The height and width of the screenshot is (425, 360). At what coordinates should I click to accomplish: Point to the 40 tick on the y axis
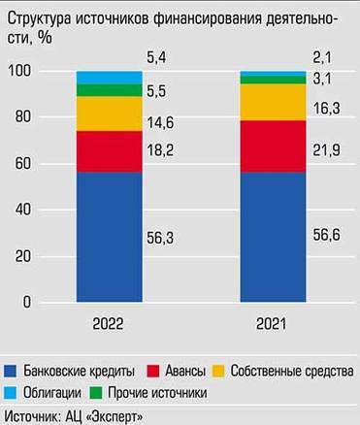pos(22,211)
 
